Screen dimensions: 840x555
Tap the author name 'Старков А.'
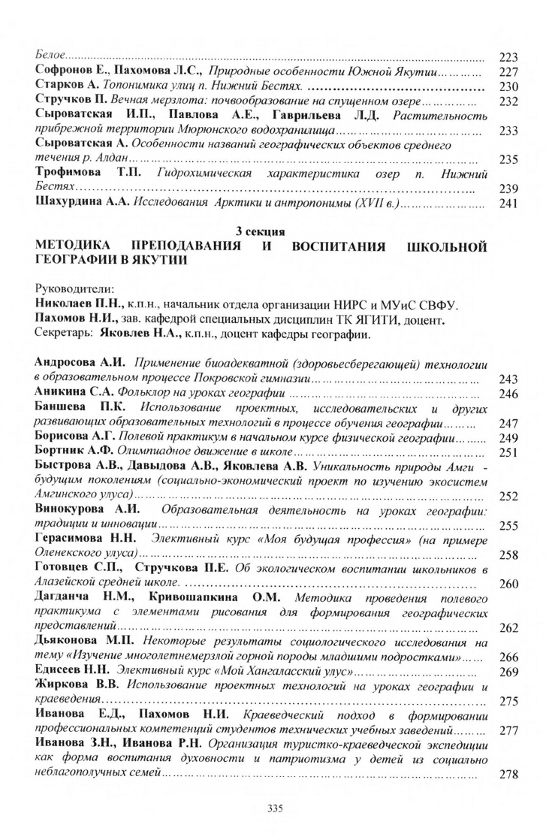click(x=65, y=87)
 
